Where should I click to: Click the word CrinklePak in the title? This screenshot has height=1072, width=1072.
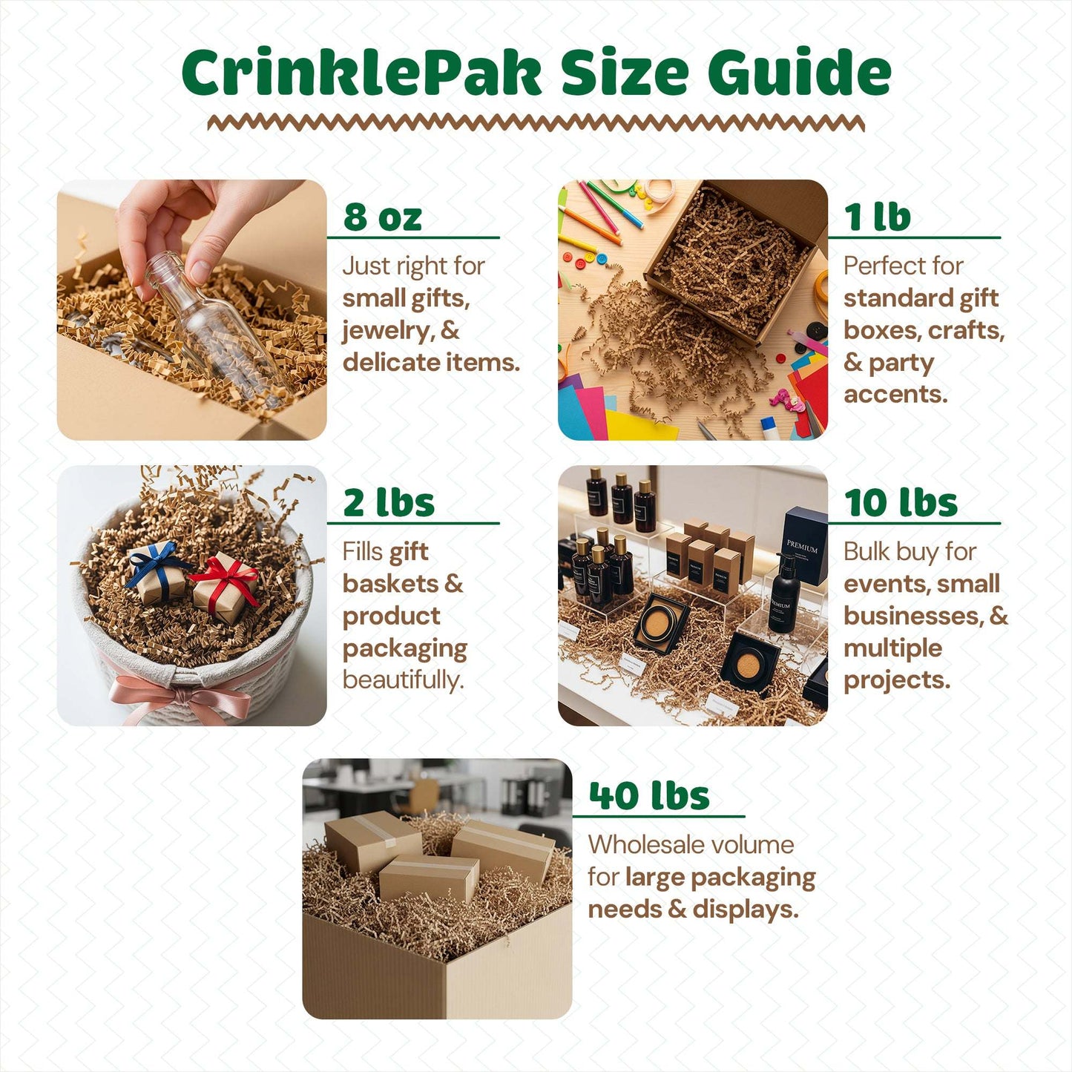361,72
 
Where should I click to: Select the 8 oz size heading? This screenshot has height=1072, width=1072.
383,217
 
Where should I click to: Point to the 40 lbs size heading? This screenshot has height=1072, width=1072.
649,795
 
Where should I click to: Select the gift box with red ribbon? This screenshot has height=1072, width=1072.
226,586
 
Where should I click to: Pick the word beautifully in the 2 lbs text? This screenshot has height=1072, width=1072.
404,680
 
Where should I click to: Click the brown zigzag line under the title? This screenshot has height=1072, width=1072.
536,123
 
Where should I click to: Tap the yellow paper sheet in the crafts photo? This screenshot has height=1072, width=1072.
639,426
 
